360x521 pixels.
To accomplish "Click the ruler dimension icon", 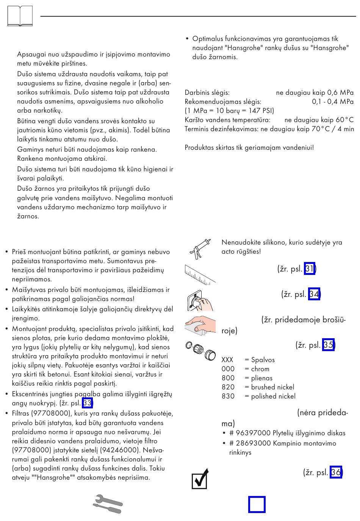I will [200, 274].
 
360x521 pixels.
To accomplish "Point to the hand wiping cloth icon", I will [200, 325].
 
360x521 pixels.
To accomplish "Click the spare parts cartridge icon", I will [200, 350].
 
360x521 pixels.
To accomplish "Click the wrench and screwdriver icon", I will [108, 504].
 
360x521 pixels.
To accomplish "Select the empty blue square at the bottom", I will [257, 504].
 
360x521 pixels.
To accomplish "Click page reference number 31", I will [309, 269].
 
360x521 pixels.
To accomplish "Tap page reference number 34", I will [314, 294].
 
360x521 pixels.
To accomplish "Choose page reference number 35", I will [328, 345].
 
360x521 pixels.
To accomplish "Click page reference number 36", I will [336, 472].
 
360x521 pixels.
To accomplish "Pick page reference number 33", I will [87, 403].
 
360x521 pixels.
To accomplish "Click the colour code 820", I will [228, 387].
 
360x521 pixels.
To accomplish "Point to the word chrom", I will [260, 369].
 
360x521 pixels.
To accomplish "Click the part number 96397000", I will [253, 433].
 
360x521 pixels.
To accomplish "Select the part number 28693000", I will [253, 443].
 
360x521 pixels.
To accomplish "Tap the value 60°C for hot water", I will [344, 120].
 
